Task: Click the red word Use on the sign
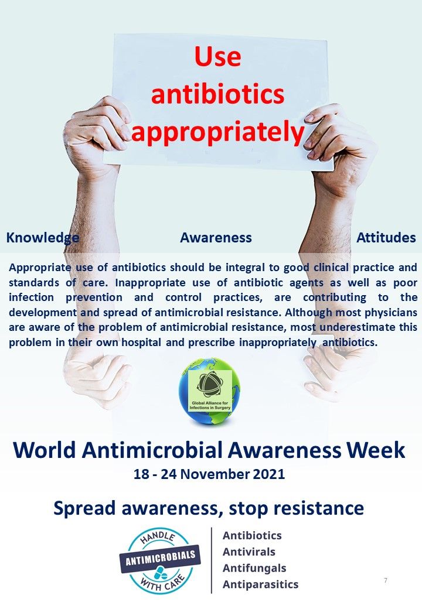tap(217, 57)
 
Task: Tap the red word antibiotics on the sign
tap(217, 94)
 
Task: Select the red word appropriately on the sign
tap(217, 132)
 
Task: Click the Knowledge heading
tap(42, 238)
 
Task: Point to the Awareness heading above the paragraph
tap(216, 238)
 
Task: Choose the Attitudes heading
tap(386, 238)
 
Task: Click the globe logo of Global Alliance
tap(209, 391)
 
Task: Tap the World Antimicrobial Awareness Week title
tap(209, 450)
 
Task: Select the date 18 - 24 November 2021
tap(209, 474)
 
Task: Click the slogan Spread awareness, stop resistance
tap(209, 507)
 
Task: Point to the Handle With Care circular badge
tap(160, 560)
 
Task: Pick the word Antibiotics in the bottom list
tap(252, 536)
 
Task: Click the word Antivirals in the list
tap(249, 552)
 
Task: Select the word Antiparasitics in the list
tap(260, 584)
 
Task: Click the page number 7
tap(385, 581)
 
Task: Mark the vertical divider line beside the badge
tap(212, 560)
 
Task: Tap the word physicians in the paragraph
tap(388, 313)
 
